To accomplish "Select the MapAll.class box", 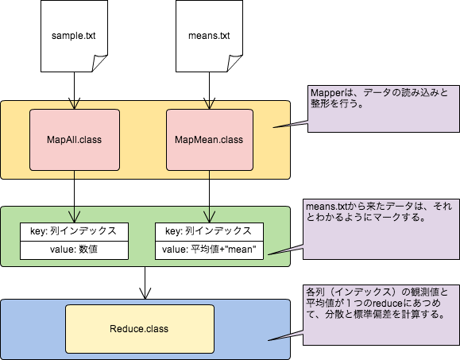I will tap(75, 140).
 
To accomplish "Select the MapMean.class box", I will tap(208, 140).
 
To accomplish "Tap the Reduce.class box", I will tap(138, 328).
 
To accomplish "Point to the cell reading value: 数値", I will tap(73, 249).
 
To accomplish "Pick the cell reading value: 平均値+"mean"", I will tap(210, 249).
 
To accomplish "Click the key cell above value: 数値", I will tap(73, 231).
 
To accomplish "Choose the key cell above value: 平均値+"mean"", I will tap(210, 231).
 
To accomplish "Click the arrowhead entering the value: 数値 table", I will tap(75, 216).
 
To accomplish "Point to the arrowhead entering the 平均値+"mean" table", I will tap(208, 216).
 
